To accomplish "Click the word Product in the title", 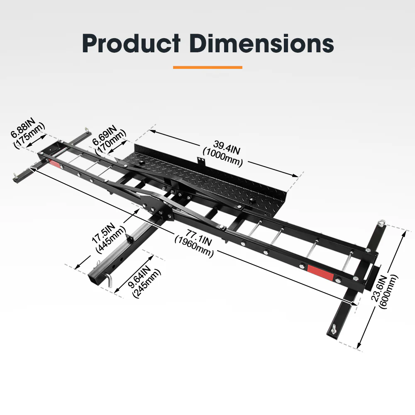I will tap(131, 43).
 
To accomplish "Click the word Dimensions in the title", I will tap(261, 43).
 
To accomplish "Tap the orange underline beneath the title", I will tap(207, 67).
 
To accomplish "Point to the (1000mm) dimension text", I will tap(222, 158).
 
